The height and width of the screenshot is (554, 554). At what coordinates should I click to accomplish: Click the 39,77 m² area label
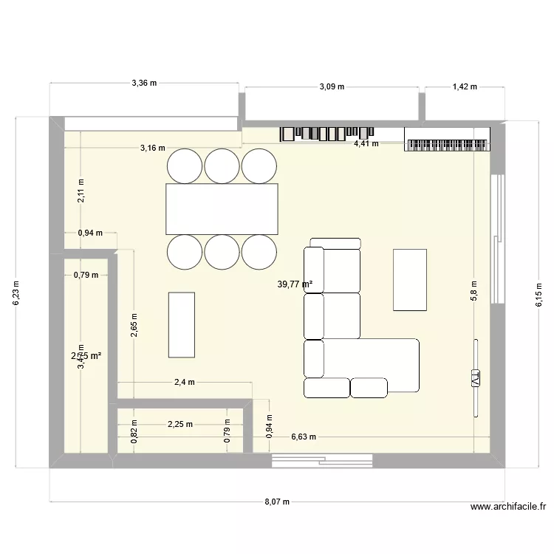[x=295, y=284]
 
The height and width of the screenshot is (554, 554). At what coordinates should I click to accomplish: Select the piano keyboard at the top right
[x=448, y=140]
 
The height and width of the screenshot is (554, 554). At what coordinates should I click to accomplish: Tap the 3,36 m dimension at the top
[x=144, y=83]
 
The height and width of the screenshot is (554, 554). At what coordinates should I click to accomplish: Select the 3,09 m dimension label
[x=332, y=86]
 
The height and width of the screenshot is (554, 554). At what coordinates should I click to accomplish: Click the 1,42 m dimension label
[x=465, y=86]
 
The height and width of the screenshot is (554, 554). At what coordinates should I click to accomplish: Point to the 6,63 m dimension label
[x=304, y=437]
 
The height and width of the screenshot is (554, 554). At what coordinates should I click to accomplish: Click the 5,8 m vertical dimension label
[x=474, y=291]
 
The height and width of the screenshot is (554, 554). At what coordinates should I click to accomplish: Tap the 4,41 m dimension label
[x=366, y=143]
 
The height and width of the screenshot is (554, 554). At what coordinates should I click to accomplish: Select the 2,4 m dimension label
[x=184, y=382]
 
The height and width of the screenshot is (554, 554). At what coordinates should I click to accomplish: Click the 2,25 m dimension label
[x=179, y=424]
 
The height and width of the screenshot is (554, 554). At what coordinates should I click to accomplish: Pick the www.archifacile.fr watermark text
[x=507, y=507]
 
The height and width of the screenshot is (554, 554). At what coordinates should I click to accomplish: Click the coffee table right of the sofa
[x=410, y=280]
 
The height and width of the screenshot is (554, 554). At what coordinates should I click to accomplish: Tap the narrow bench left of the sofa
[x=182, y=324]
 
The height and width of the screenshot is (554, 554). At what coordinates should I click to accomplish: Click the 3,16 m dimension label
[x=152, y=148]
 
